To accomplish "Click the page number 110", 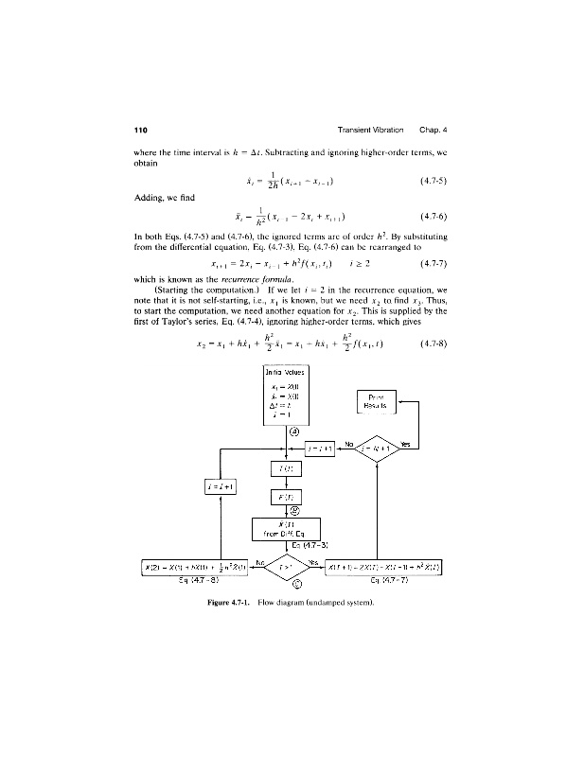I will point(140,129).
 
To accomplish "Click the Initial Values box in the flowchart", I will point(286,396).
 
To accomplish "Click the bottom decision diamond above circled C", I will point(286,567).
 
